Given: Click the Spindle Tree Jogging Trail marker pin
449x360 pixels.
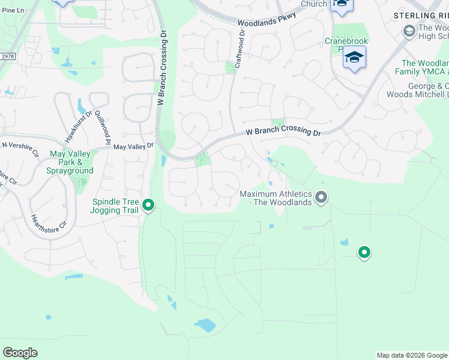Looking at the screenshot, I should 148,206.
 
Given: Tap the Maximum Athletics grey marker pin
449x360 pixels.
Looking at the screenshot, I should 321,197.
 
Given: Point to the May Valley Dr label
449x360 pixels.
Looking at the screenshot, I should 133,146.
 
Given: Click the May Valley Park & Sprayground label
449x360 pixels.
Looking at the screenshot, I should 70,162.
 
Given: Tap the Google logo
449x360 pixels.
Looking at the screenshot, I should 20,353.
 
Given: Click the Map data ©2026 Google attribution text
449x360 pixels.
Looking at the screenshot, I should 412,355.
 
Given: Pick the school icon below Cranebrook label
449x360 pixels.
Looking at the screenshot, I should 354,58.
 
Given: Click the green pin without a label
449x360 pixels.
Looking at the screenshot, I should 364,253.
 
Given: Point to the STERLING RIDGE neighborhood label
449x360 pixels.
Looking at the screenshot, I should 421,16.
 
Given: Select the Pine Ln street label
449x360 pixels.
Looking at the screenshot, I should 13,10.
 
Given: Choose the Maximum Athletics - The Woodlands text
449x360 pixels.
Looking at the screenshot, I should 276,198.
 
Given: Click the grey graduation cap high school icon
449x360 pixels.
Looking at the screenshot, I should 409,31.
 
